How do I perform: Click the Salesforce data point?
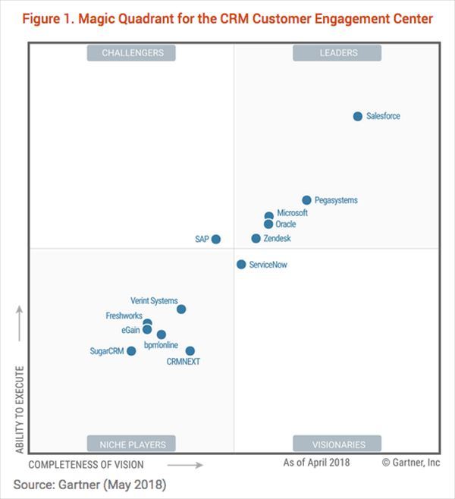(x=358, y=116)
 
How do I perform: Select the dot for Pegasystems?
(x=306, y=200)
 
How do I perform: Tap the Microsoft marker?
(x=268, y=216)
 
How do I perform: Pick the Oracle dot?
(x=268, y=224)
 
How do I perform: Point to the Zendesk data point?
(x=256, y=238)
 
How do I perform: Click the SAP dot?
(x=216, y=239)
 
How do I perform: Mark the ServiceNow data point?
(x=241, y=265)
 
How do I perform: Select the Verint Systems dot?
(x=181, y=309)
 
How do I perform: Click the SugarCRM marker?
(x=131, y=350)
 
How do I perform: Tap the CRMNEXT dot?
(x=190, y=350)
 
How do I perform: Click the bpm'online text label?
(x=162, y=345)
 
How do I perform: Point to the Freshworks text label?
(x=124, y=315)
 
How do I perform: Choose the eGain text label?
(x=130, y=330)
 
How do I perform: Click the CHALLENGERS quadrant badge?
(x=133, y=52)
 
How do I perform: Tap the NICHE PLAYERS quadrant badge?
(x=133, y=444)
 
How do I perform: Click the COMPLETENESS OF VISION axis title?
(x=86, y=464)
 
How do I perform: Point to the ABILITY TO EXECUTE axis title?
(x=20, y=410)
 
